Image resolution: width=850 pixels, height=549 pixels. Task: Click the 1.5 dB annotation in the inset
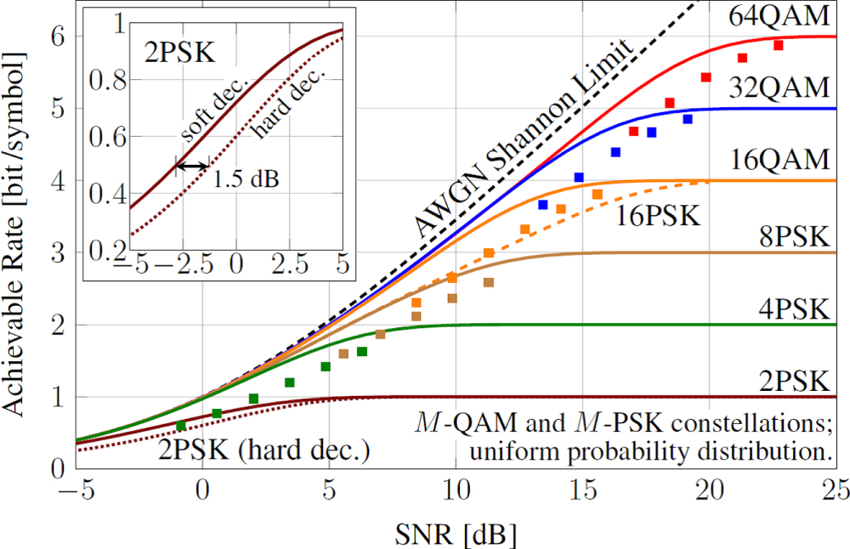click(x=246, y=180)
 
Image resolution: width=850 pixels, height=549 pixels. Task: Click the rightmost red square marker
click(x=778, y=45)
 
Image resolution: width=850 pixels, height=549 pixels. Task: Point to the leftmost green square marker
click(x=181, y=426)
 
